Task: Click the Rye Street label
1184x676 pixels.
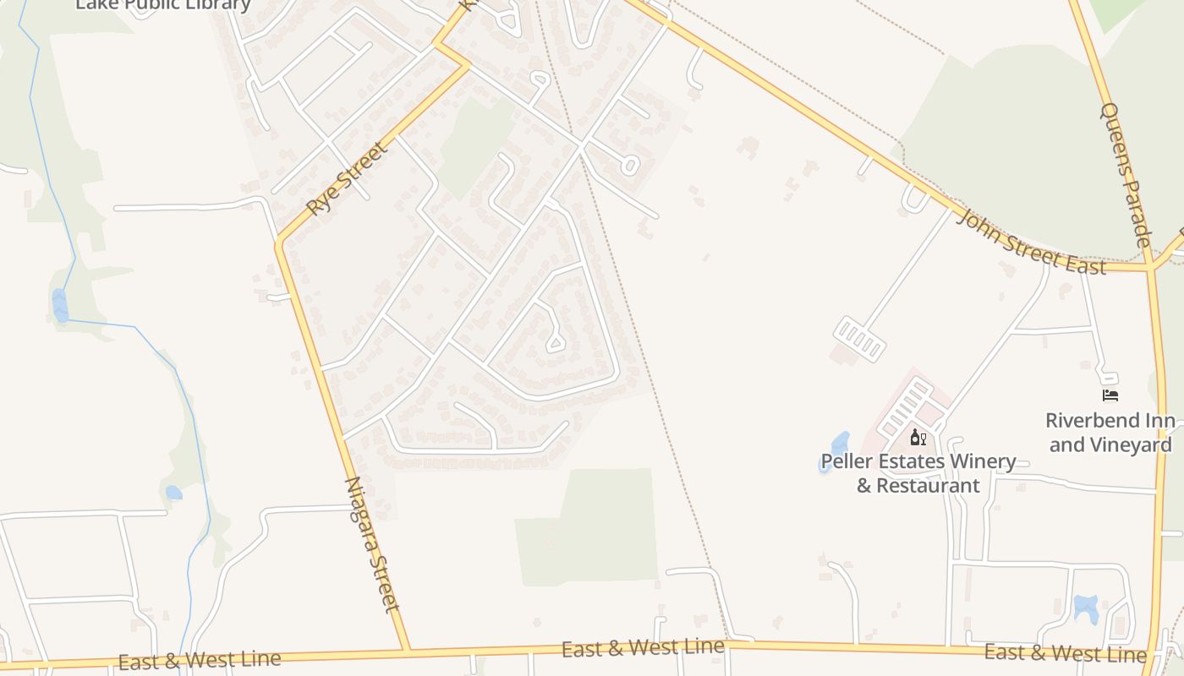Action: pos(347,178)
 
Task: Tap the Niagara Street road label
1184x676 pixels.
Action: pos(372,544)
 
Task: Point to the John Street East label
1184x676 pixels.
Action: pos(1031,243)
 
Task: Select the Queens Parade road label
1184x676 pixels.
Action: pos(1126,176)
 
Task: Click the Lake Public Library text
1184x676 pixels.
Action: pos(163,4)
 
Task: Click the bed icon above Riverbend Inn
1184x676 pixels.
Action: pos(1110,395)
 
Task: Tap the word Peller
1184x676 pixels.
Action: pos(847,462)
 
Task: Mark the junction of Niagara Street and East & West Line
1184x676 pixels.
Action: pos(408,651)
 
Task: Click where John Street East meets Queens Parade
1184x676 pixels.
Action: pos(1150,268)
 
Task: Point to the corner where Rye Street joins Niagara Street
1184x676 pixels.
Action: pos(279,244)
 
